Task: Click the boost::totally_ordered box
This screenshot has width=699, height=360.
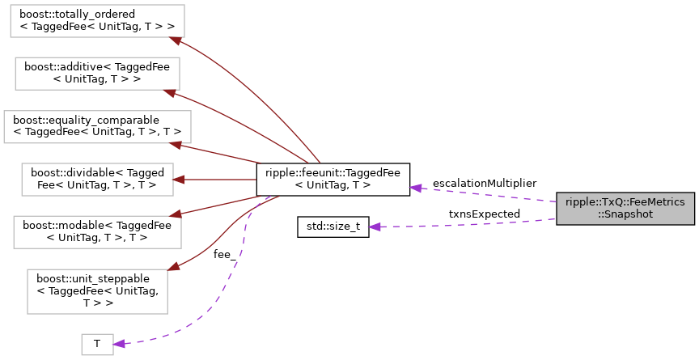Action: [x=97, y=20]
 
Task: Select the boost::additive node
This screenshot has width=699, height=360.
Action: [x=97, y=73]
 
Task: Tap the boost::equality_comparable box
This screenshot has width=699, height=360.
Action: [x=97, y=126]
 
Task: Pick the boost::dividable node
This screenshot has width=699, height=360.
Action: [x=97, y=179]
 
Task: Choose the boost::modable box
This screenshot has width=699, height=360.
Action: [x=97, y=231]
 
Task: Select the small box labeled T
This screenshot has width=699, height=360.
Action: [x=97, y=344]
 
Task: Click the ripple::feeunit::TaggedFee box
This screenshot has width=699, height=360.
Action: [x=333, y=179]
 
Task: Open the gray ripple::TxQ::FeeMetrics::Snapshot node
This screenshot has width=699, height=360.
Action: [x=625, y=209]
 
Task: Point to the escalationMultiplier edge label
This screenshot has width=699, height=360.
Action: [x=484, y=184]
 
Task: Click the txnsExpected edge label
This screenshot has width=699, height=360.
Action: [x=485, y=214]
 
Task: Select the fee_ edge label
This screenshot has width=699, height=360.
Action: [x=225, y=254]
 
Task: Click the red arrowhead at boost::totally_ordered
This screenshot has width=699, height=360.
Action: [x=172, y=38]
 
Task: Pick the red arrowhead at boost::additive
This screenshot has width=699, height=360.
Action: [x=170, y=91]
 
